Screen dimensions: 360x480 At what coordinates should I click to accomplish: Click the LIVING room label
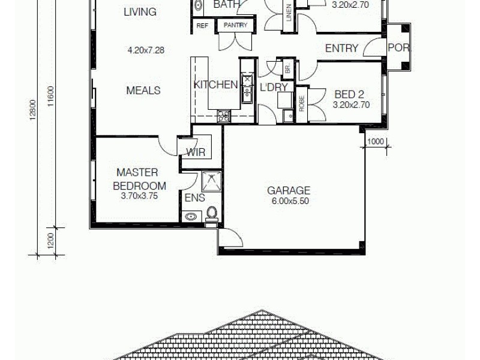point(140,11)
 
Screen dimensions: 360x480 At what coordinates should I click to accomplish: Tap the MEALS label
point(143,90)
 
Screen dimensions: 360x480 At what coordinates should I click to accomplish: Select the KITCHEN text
point(215,85)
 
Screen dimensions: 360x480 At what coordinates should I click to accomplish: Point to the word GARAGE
point(289,191)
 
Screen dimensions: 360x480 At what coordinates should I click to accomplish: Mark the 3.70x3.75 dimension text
point(139,195)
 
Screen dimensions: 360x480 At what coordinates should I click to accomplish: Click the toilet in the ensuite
point(211,213)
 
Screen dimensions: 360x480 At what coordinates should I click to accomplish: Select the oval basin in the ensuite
point(191,216)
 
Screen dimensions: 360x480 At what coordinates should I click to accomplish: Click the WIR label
point(196,152)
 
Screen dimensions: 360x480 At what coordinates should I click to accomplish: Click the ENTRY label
point(341,48)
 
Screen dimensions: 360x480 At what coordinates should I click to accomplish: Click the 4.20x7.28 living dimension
point(146,50)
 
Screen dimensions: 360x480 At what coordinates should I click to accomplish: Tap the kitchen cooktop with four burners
point(223,116)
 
